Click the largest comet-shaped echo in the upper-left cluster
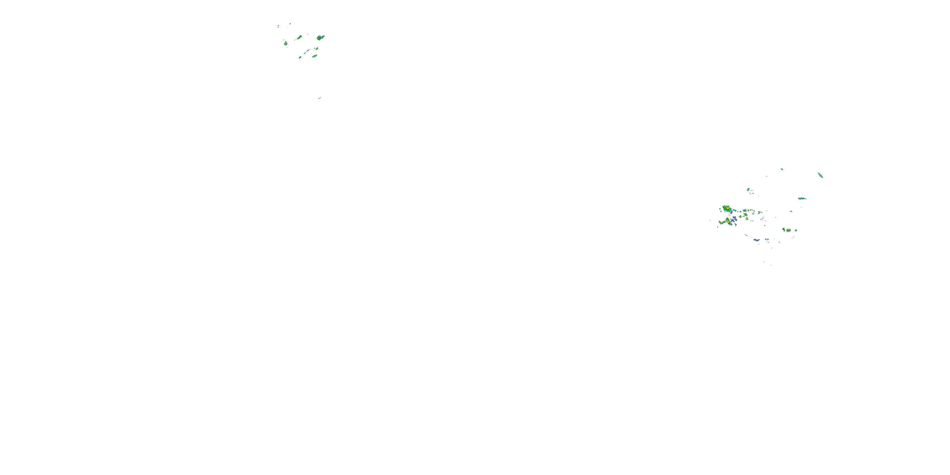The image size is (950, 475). coord(320,38)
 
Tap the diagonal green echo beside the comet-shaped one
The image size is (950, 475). coord(299,37)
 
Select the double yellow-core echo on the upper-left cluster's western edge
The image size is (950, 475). coord(285,43)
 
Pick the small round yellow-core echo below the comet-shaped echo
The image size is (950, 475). coord(316,48)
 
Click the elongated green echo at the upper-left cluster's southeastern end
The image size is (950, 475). coord(314,56)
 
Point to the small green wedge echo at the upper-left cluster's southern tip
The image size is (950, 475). coord(300,57)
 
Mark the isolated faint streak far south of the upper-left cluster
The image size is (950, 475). coord(320,98)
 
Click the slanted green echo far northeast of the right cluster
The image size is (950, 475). coord(820,175)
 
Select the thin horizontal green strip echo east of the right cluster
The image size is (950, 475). coord(802,199)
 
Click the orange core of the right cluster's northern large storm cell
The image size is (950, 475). coord(727,209)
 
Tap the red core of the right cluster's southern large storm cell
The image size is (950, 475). coord(728,221)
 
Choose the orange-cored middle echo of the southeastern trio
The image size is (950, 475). coord(788,230)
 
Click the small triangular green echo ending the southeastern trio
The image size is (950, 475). coord(796,231)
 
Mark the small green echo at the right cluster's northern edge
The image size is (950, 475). coord(782,169)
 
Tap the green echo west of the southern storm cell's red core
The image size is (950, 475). coord(721,222)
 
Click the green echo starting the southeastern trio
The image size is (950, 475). coord(784,229)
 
